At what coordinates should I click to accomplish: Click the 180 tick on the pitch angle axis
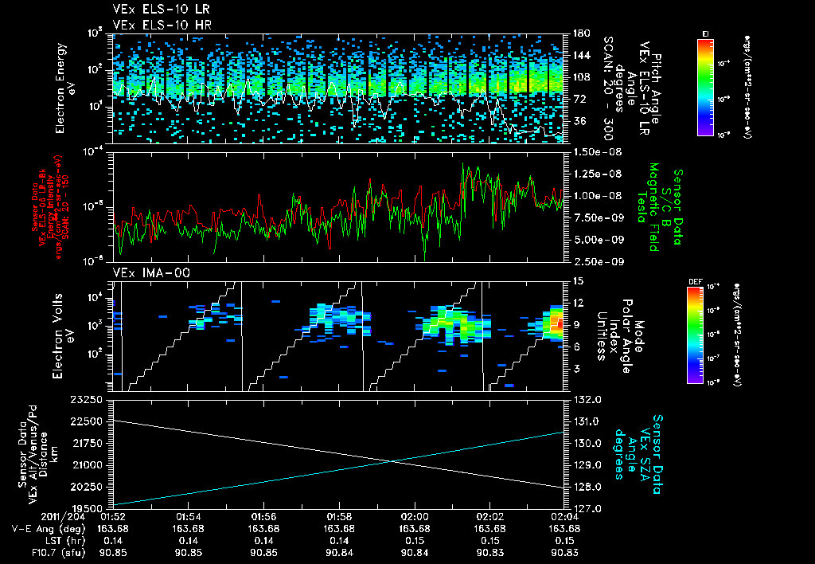point(579,33)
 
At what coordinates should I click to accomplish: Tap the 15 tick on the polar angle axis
point(577,281)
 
